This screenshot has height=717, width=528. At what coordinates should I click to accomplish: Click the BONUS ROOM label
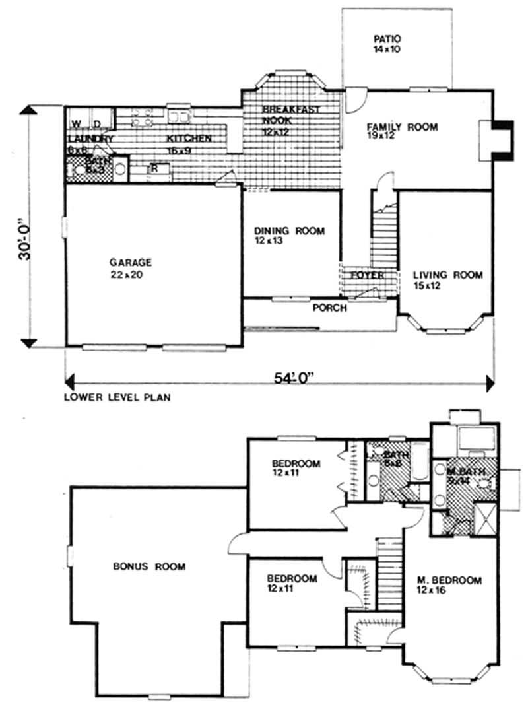click(148, 566)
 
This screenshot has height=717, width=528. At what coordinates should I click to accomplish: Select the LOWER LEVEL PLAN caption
click(114, 398)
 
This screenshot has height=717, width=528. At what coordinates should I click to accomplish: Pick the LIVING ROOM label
click(447, 275)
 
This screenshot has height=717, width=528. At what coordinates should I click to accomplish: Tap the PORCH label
click(329, 308)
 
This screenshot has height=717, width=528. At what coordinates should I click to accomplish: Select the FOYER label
click(367, 275)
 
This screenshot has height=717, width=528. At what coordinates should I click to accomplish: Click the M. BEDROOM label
click(449, 580)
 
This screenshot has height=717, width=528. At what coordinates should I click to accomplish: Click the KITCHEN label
click(189, 139)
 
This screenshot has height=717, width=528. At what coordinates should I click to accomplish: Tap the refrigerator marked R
click(154, 169)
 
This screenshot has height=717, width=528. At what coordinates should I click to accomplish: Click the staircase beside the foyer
click(383, 231)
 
